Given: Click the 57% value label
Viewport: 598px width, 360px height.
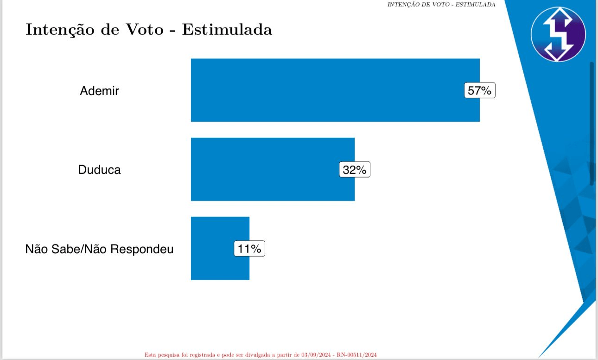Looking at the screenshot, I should (479, 90).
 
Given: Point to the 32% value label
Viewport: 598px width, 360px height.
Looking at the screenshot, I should (355, 170).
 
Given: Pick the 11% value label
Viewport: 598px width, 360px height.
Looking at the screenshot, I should (249, 249).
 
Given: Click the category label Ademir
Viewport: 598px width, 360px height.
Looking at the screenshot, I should (99, 90).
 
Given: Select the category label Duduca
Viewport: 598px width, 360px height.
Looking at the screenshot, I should (99, 170).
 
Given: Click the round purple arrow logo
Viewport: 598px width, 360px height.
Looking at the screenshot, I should (558, 34).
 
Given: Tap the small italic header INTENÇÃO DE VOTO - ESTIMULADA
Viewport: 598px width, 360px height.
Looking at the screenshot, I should (441, 5).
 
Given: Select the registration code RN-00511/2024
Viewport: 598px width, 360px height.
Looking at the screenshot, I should (356, 355).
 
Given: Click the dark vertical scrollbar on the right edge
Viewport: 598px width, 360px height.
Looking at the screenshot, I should (592, 123).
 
